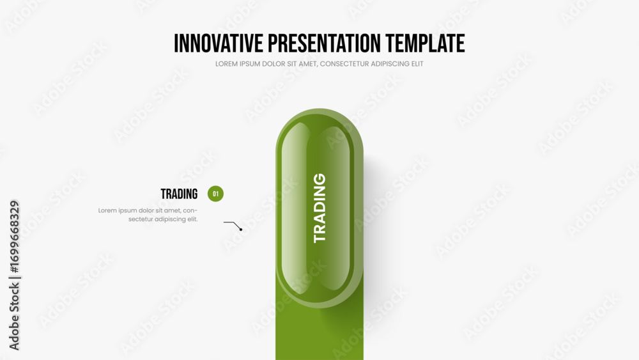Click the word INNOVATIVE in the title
[219, 43]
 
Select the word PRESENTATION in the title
[325, 43]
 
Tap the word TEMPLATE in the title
[425, 43]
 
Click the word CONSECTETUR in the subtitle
[346, 64]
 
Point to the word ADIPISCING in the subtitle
[392, 64]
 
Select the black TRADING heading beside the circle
[179, 194]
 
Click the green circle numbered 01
[215, 194]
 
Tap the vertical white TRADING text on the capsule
[319, 208]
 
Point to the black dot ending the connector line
[241, 230]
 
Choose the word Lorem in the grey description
[107, 210]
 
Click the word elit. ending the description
[192, 219]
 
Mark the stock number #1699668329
[14, 237]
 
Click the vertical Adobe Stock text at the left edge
[14, 316]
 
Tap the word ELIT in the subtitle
[418, 64]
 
